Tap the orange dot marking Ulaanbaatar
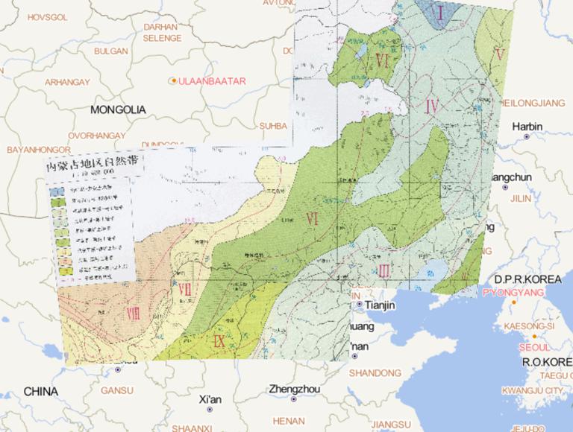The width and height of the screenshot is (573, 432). [x=174, y=80]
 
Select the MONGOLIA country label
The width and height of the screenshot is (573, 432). [x=118, y=109]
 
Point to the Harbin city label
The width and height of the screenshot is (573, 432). [x=527, y=126]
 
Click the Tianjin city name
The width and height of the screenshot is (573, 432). [x=378, y=305]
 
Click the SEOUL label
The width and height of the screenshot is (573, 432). [x=535, y=347]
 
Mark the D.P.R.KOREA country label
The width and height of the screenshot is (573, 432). [x=522, y=279]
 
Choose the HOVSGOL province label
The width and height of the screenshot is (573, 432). [x=47, y=16]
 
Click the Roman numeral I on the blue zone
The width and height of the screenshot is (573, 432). [x=440, y=13]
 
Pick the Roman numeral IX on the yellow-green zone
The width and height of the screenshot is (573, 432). [x=219, y=343]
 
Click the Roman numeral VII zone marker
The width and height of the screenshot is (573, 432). [x=185, y=288]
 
